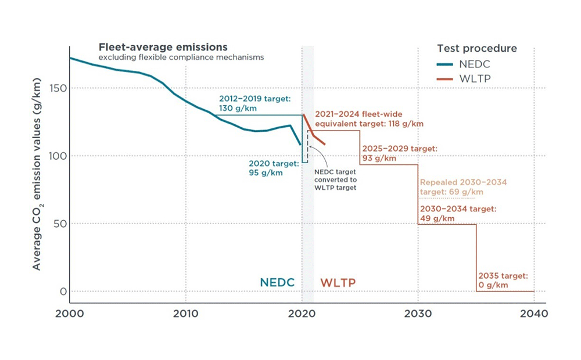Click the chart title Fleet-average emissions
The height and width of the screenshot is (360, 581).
coord(163,47)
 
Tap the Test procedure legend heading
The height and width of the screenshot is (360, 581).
coord(477,49)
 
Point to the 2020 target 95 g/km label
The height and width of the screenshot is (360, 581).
coord(266,168)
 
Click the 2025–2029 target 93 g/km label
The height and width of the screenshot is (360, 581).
coord(399,153)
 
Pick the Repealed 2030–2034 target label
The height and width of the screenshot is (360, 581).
coord(463,187)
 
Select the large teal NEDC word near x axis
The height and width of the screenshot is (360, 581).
coord(277,283)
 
